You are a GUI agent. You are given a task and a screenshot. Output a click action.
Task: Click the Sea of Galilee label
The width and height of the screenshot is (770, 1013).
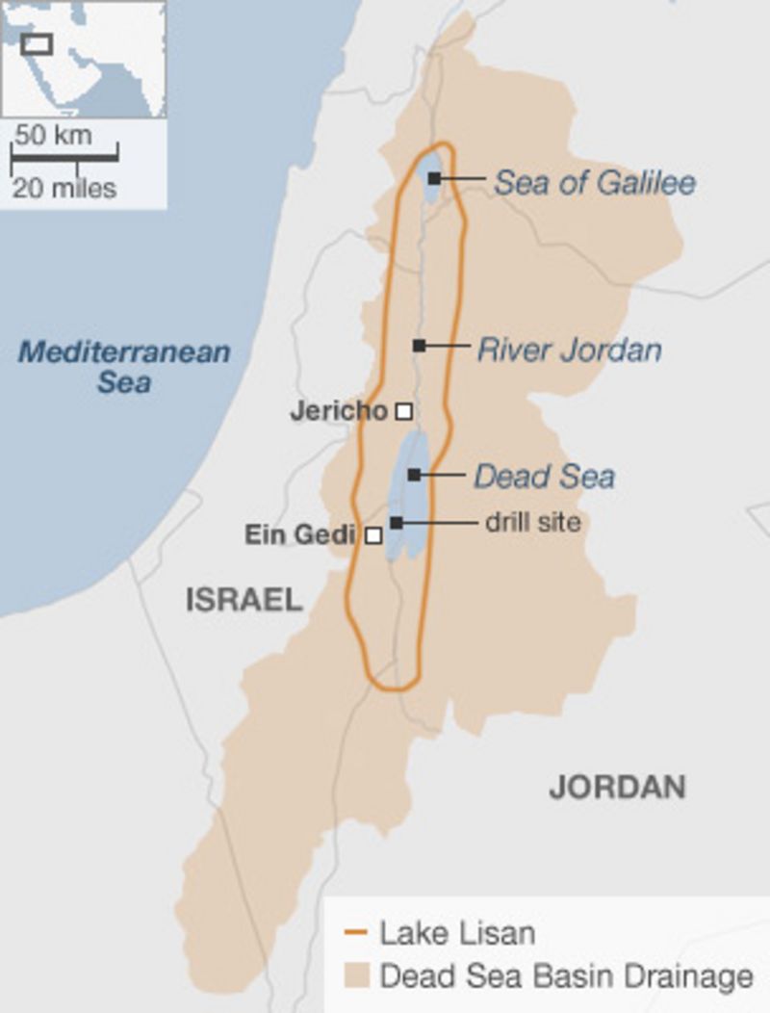tap(594, 182)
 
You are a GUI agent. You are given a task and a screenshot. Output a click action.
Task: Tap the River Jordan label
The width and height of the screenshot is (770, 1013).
tap(569, 349)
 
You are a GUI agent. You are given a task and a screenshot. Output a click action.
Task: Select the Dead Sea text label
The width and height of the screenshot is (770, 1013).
tap(543, 476)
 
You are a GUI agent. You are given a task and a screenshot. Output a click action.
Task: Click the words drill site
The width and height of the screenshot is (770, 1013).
tap(532, 523)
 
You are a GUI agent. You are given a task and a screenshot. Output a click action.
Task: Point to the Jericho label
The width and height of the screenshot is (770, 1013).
tap(338, 411)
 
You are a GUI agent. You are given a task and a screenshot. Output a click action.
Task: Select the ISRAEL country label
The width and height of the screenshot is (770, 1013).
tap(244, 601)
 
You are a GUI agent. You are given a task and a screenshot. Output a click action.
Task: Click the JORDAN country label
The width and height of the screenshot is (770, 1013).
tap(617, 787)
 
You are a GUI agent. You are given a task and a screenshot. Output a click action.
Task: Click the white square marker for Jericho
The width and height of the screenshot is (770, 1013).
tap(404, 411)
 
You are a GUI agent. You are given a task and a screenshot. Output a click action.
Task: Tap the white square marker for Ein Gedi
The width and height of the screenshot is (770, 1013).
tap(373, 535)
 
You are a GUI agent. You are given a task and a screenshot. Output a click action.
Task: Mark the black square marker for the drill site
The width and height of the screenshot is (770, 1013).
tap(397, 523)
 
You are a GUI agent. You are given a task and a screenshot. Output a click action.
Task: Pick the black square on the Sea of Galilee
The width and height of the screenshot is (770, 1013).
tap(435, 178)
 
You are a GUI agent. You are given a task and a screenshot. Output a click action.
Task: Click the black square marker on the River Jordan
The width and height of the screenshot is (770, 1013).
tap(419, 345)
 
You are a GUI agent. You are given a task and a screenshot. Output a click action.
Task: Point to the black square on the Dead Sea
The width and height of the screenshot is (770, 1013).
tap(414, 475)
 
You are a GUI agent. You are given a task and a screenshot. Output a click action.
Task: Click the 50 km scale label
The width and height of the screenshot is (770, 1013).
tap(54, 135)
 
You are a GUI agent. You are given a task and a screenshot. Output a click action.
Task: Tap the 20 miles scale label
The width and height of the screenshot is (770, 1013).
tap(64, 188)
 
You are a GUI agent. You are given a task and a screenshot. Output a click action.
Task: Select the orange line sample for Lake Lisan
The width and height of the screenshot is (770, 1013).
tap(356, 933)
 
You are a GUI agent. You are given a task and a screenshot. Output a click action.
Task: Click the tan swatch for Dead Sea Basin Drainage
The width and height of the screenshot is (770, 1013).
tap(356, 976)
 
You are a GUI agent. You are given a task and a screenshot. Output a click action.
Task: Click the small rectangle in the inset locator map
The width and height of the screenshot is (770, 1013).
tap(37, 43)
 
